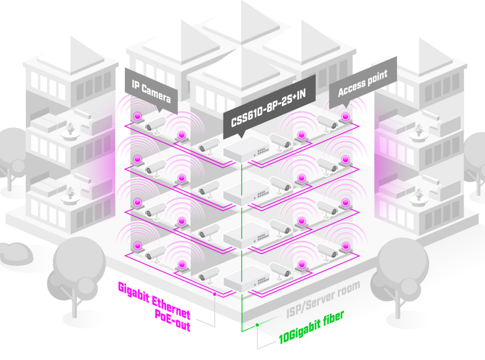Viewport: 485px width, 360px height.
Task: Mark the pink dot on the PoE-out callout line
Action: coord(213,295)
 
